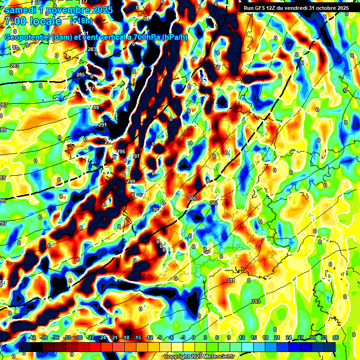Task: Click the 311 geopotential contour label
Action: pyautogui.click(x=230, y=280)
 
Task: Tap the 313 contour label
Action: pyautogui.click(x=255, y=301)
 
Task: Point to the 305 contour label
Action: pyautogui.click(x=192, y=198)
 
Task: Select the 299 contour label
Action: pyautogui.click(x=131, y=181)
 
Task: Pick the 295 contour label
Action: pyautogui.click(x=121, y=151)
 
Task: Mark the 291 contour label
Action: pyautogui.click(x=103, y=125)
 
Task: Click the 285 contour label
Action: pyautogui.click(x=81, y=75)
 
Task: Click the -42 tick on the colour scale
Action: pyautogui.click(x=32, y=337)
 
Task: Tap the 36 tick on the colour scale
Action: pyautogui.click(x=336, y=337)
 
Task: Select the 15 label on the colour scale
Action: pyautogui.click(x=254, y=337)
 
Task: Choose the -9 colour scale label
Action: pyautogui.click(x=160, y=337)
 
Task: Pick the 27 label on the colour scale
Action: pyautogui.click(x=300, y=337)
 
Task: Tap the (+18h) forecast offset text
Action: pyautogui.click(x=81, y=21)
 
